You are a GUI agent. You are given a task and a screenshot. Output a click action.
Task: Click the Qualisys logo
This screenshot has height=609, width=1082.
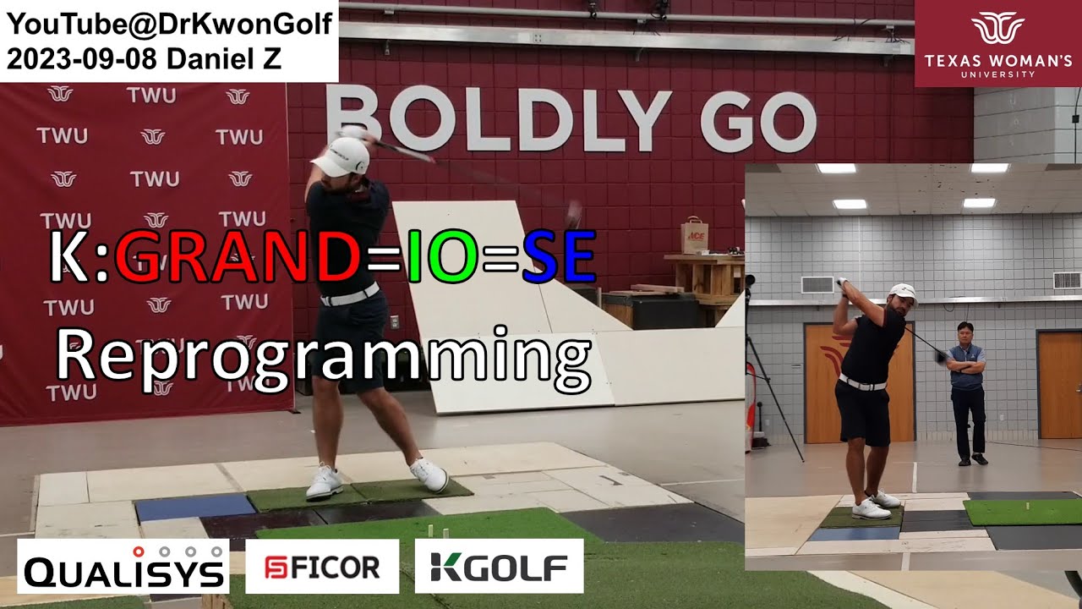[123, 566]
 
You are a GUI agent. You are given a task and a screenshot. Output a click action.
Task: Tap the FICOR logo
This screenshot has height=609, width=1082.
[322, 566]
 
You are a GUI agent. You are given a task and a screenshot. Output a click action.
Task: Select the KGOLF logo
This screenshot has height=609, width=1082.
[499, 566]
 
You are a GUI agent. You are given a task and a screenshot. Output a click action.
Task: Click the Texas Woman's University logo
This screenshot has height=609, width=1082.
[997, 43]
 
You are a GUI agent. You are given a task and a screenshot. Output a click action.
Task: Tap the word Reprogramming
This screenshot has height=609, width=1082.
[323, 354]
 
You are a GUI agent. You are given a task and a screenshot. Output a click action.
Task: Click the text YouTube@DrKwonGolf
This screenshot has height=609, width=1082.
[169, 25]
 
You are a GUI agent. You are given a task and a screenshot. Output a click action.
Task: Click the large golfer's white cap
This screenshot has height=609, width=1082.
[342, 156]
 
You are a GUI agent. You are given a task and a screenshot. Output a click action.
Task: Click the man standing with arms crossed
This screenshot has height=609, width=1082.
[967, 389]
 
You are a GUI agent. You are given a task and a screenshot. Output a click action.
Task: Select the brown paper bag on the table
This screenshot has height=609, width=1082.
[695, 231]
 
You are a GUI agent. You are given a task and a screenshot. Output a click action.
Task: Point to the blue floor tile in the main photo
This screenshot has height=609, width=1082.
[195, 507]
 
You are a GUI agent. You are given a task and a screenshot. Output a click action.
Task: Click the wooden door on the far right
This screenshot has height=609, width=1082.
[1059, 384]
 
